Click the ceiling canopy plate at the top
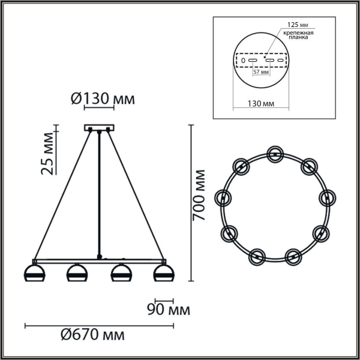(x=98, y=128)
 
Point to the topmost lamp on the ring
(x=275, y=154)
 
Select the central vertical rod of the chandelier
(x=98, y=192)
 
